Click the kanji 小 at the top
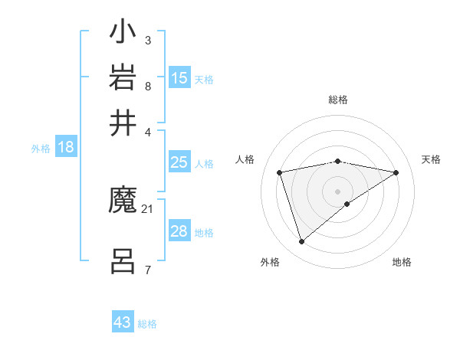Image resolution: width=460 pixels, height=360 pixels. [123, 34]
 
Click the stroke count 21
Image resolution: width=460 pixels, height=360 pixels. [148, 208]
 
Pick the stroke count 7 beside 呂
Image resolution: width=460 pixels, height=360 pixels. [147, 270]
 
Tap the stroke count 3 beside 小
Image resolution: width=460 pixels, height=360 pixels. [147, 40]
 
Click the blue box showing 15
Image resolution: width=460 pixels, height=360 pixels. [179, 78]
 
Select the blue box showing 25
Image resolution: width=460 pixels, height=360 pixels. [179, 162]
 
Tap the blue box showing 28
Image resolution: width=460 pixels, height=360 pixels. [179, 231]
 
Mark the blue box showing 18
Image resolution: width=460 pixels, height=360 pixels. [65, 148]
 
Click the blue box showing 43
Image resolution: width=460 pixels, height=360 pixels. [123, 322]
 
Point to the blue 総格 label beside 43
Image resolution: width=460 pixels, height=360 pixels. [147, 324]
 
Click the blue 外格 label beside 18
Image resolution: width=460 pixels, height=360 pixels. [41, 149]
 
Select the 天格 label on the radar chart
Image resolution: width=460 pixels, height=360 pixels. [431, 159]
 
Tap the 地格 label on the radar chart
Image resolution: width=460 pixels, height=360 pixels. [402, 262]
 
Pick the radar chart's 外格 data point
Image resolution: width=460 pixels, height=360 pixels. [302, 242]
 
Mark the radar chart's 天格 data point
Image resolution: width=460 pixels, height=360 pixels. [396, 172]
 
